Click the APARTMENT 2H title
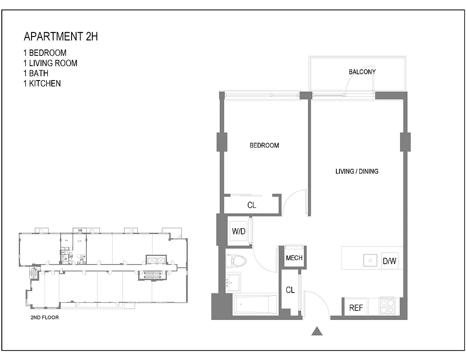[60, 37]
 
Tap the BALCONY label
[362, 72]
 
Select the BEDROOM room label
[264, 145]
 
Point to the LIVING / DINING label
[357, 171]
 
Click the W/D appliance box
[239, 232]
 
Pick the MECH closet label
[294, 258]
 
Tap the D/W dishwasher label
[389, 261]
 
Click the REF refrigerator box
[356, 308]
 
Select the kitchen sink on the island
[371, 261]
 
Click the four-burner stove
[387, 306]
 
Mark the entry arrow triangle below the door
[317, 332]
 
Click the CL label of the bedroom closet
[252, 205]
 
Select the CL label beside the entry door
[290, 290]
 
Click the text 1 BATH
[36, 73]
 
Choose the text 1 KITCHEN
[42, 83]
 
